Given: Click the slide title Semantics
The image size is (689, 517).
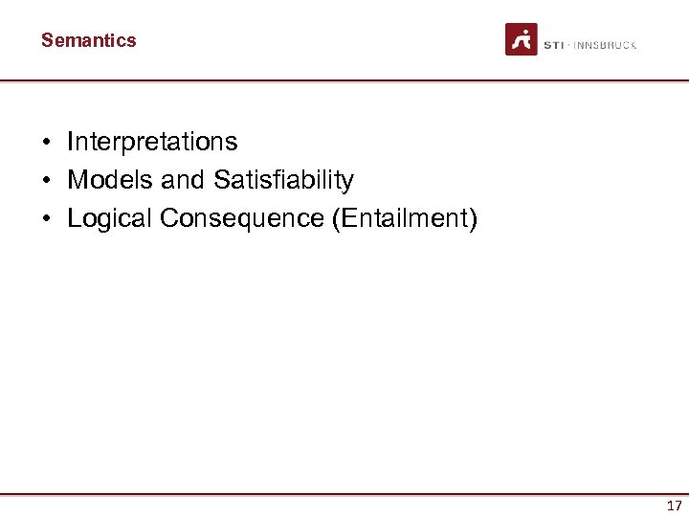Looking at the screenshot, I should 88,40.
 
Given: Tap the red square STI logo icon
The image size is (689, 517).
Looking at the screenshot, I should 522,39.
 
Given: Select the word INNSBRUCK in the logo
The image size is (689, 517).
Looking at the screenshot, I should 605,45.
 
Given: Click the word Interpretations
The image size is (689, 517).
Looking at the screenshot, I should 152,142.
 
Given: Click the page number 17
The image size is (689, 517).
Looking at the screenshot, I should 674,506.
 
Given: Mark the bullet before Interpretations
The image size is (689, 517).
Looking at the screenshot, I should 46,143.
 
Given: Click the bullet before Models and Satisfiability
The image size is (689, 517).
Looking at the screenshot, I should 46,181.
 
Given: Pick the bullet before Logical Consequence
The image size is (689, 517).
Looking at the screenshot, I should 46,219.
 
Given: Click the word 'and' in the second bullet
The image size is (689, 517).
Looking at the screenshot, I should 183,180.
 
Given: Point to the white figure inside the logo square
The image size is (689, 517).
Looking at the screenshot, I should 522,39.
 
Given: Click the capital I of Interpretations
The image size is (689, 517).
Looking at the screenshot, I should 70,142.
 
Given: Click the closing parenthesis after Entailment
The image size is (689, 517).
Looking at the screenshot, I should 472,218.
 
